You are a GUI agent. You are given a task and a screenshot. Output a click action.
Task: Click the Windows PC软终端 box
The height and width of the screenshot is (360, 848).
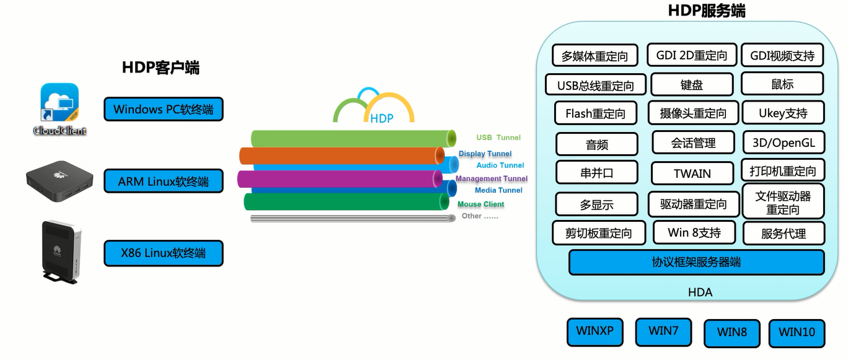coord(163,110)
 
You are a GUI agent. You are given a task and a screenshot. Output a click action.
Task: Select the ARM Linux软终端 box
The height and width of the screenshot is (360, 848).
coord(163,182)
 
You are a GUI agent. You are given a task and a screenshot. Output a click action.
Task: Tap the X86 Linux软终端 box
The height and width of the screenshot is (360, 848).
coord(163,253)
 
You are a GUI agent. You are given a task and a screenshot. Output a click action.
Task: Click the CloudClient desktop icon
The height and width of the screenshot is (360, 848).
coord(60,109)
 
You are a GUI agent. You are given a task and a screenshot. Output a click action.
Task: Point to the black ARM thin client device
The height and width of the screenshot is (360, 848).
coord(60,182)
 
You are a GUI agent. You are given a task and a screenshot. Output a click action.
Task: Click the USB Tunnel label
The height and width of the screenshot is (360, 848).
coord(498,138)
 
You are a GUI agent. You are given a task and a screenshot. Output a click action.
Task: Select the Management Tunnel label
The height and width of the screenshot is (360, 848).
coord(491,178)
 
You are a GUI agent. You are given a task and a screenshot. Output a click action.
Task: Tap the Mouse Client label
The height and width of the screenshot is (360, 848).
coord(480,204)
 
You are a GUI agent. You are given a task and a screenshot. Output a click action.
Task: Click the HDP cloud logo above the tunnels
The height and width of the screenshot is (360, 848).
coord(374,108)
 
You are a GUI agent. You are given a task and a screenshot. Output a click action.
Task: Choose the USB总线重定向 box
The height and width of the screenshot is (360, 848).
coord(595,86)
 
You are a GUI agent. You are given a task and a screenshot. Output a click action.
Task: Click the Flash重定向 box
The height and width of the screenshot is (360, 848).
coord(595,113)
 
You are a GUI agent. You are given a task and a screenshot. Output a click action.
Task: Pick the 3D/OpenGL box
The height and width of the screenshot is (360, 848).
coord(784,143)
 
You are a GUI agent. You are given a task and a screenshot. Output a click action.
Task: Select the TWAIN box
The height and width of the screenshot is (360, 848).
coord(692,173)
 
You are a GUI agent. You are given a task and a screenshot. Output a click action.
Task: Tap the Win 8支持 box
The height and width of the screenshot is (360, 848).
coord(694,233)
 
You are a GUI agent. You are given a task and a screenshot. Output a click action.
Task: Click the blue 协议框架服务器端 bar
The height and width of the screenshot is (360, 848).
coord(696,262)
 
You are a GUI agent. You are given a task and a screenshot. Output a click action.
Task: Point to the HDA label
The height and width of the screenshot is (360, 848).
coord(700,292)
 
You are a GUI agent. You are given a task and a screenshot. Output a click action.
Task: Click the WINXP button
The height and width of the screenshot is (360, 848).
coord(594,331)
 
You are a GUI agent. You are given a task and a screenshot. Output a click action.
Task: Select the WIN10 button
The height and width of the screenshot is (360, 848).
coord(797,333)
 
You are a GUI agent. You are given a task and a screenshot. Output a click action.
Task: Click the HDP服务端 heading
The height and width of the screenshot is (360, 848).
coord(706,11)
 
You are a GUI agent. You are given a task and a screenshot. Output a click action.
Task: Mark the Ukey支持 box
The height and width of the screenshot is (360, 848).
coord(783,113)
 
